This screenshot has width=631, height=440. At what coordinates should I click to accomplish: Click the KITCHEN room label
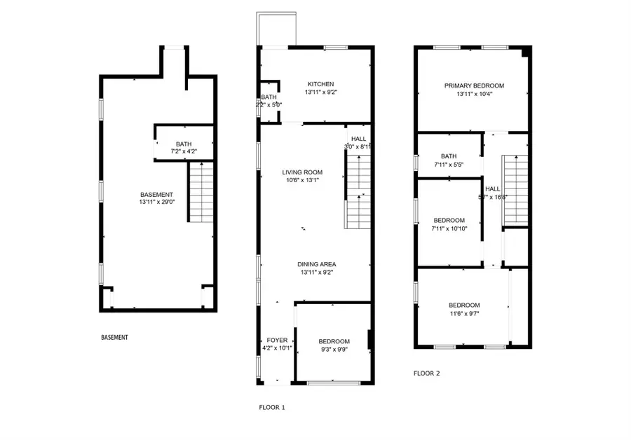tap(314, 84)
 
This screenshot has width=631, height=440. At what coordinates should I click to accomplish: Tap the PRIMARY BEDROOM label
tap(474, 85)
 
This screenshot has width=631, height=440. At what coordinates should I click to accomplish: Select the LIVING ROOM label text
tap(302, 172)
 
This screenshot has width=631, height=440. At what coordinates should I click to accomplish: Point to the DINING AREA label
tap(316, 264)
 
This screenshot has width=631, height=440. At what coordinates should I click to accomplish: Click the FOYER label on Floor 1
tap(272, 341)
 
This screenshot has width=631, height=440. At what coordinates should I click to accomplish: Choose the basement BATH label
tap(184, 144)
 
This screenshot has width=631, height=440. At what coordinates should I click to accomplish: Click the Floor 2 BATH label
tap(449, 156)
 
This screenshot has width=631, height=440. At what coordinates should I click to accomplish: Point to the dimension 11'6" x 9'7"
tap(464, 313)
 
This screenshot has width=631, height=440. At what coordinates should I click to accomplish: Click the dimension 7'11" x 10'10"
tap(449, 228)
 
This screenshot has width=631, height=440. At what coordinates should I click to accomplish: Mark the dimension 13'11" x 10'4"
tap(474, 93)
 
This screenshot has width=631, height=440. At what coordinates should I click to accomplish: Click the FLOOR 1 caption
tap(272, 407)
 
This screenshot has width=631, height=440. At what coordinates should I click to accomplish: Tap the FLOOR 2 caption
tap(426, 373)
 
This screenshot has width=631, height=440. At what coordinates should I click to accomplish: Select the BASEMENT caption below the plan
tap(114, 338)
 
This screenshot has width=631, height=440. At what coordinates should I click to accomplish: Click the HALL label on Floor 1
tap(358, 139)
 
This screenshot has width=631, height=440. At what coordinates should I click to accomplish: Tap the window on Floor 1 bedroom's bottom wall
tap(329, 383)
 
